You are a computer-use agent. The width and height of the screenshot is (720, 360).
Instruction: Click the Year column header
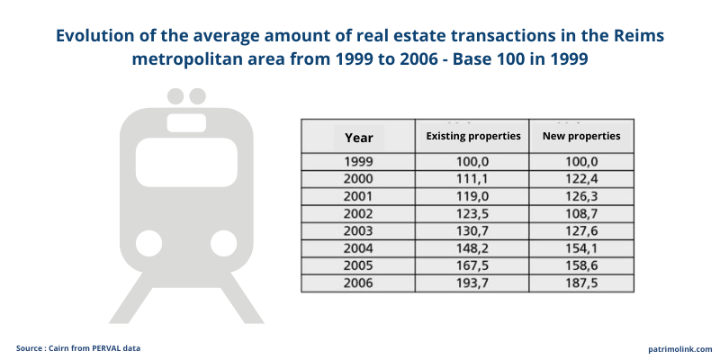point(358,138)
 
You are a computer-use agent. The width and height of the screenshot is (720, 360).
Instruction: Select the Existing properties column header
point(472,137)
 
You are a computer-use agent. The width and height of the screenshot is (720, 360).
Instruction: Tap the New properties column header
point(581,137)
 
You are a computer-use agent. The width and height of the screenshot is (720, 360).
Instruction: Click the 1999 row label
point(358,161)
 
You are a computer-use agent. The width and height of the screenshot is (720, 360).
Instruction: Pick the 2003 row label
point(358,231)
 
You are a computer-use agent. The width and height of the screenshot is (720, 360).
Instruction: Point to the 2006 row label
point(358,283)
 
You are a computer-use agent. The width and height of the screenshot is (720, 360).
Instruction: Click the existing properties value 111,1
point(472,179)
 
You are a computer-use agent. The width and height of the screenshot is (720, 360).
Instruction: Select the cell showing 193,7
point(472,283)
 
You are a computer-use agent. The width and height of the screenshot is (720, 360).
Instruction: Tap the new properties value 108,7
point(581,214)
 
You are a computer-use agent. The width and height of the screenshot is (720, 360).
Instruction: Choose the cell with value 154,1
point(581,249)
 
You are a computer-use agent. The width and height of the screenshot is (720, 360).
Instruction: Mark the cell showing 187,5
point(581,283)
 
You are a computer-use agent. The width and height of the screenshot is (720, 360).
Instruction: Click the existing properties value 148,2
point(472,249)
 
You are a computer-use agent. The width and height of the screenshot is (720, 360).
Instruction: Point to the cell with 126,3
point(581,196)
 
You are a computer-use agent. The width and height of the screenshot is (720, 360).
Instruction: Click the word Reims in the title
point(640,37)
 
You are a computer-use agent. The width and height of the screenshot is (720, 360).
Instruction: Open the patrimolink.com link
point(679,348)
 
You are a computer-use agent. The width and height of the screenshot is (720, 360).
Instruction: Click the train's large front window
point(186,163)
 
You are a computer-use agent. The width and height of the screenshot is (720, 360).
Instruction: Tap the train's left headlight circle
point(148,241)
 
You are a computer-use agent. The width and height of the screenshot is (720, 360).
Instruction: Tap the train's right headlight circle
point(223,241)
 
